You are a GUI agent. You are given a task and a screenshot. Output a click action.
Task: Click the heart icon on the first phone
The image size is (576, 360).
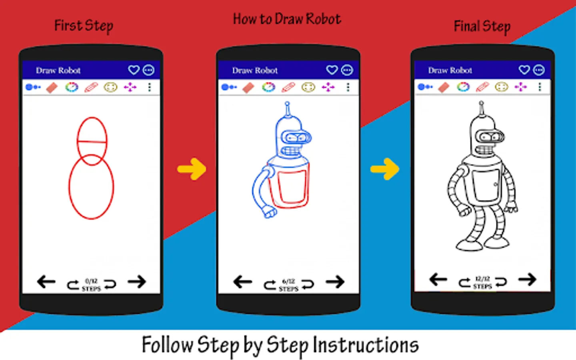[134, 70]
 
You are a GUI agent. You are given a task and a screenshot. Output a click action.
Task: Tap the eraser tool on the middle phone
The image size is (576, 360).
[248, 88]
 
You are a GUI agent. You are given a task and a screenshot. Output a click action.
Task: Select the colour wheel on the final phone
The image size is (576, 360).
[463, 87]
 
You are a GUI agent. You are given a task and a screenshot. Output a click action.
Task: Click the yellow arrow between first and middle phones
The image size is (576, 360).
[192, 169]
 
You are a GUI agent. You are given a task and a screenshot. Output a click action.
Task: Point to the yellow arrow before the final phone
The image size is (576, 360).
[385, 169]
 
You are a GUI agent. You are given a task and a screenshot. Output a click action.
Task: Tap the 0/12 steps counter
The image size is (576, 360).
[91, 285]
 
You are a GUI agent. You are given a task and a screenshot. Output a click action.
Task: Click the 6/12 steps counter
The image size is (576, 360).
[288, 285]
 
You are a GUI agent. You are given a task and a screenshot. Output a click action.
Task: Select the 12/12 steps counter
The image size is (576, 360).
[483, 282]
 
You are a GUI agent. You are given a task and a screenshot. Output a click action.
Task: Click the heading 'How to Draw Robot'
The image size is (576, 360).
[287, 19]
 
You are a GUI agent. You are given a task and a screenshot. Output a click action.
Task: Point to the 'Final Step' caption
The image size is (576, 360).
[482, 27]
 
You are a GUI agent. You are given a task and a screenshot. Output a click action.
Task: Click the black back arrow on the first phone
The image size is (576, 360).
[46, 282]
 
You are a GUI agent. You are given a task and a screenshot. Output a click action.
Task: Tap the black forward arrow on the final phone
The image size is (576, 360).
[527, 280]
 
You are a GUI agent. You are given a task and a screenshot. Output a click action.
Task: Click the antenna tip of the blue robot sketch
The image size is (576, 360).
[288, 104]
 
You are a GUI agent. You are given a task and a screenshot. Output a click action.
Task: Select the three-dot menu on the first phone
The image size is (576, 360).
[150, 88]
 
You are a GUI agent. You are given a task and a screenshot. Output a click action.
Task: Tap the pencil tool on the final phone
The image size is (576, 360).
[482, 87]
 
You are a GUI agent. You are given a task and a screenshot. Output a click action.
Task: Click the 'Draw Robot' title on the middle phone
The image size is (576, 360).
[255, 70]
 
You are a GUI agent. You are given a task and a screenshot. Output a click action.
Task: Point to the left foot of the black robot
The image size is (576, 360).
[469, 246]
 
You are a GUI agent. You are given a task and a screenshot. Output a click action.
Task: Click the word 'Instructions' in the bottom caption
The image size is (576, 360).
[366, 345]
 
